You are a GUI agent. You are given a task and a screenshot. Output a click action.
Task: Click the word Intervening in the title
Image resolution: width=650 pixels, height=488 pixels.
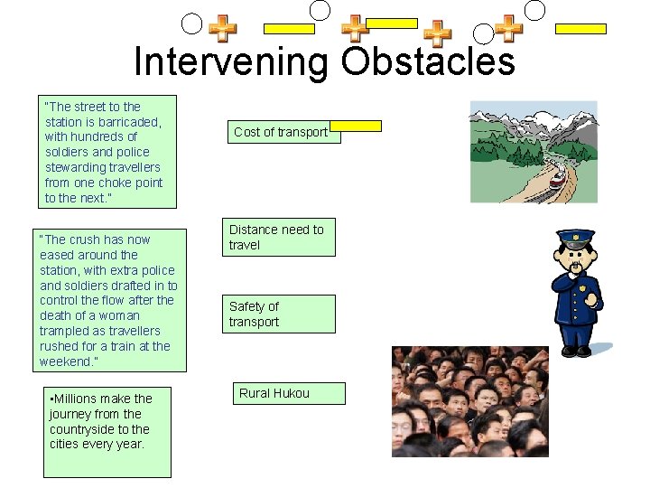pos(232,61)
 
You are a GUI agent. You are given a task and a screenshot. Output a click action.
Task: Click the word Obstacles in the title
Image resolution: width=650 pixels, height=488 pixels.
pos(428,61)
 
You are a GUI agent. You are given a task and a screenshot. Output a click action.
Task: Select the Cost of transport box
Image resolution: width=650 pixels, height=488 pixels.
pos(281,132)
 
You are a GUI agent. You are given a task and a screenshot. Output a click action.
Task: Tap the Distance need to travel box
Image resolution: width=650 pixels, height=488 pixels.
pos(278,238)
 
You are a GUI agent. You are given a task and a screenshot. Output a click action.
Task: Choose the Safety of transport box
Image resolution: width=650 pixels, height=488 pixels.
pos(278,314)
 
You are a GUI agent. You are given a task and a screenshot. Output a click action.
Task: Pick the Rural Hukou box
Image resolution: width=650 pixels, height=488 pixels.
pos(284,393)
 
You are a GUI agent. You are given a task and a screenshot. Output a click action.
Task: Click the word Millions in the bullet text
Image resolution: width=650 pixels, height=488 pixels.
pos(81,399)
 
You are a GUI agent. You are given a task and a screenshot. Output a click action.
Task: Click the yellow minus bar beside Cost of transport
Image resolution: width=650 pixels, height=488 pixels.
pos(361,127)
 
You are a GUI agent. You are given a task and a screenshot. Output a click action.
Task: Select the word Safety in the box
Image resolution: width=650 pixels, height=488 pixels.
pos(248,306)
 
